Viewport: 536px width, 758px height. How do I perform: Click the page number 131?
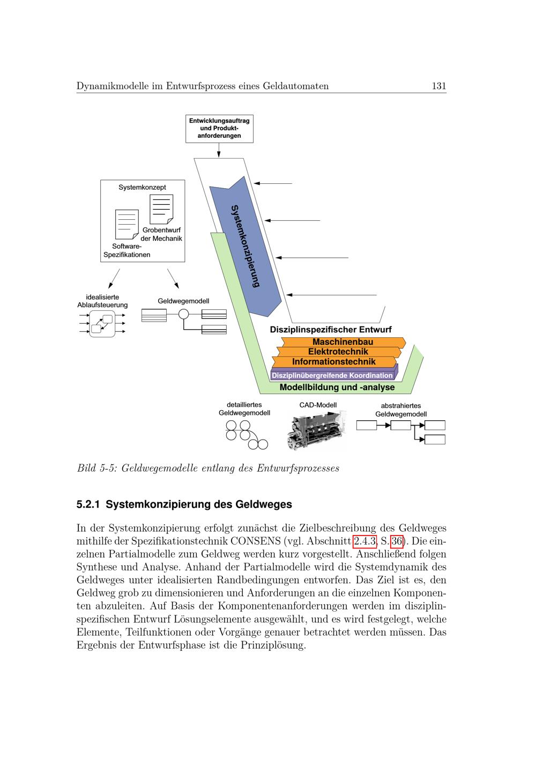(439, 86)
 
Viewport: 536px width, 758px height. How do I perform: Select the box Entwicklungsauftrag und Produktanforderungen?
(219, 129)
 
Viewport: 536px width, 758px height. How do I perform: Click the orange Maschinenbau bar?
(343, 342)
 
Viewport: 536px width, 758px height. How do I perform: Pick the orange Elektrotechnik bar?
(338, 352)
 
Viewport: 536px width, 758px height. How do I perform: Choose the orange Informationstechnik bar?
(333, 362)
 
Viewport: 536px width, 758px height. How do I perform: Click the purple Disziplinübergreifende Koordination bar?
(332, 375)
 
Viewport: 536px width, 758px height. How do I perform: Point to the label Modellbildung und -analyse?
(337, 387)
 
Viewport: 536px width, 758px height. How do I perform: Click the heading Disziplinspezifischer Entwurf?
(331, 329)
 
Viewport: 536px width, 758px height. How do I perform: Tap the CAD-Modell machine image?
(316, 429)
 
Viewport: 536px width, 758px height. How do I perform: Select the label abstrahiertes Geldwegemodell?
(401, 410)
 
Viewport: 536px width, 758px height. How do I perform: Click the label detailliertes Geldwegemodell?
(244, 409)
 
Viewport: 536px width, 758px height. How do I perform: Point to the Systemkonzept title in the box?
(142, 188)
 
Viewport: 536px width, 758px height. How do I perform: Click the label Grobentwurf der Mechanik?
(161, 234)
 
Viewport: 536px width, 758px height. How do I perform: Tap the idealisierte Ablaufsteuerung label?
(102, 301)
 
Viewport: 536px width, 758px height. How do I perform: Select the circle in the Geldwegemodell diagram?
(184, 315)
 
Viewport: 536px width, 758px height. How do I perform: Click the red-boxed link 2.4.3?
(364, 541)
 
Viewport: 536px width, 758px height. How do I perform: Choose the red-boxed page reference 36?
(397, 541)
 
